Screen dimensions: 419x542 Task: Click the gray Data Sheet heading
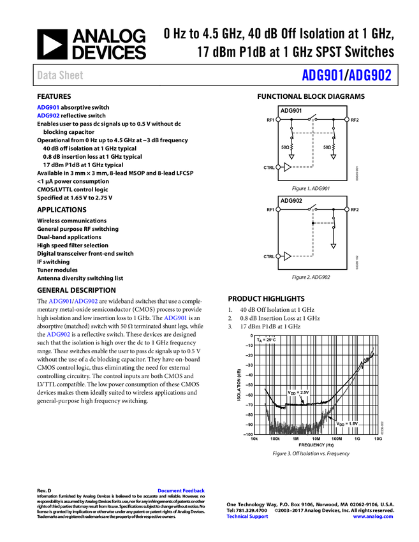(x=60, y=75)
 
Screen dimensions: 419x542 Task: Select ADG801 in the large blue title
(x=323, y=75)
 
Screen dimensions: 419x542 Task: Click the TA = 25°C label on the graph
(x=267, y=340)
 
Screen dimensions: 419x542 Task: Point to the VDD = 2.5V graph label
(x=298, y=393)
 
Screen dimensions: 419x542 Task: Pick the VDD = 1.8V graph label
(x=348, y=424)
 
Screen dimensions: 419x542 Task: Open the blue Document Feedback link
(x=182, y=490)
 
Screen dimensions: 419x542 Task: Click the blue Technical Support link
(x=247, y=516)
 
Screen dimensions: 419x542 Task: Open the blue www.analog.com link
(x=373, y=516)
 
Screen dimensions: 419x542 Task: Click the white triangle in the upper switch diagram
(x=287, y=167)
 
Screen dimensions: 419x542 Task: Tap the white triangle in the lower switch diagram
(x=287, y=256)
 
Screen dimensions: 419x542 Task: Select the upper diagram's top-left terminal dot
(x=278, y=119)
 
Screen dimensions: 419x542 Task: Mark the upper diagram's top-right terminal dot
(x=347, y=119)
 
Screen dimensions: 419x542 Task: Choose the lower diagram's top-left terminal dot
(x=278, y=209)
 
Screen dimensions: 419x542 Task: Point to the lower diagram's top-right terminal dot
(x=347, y=209)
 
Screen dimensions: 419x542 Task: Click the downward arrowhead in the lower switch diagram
(x=333, y=246)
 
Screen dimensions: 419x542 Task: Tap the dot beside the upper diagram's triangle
(x=278, y=167)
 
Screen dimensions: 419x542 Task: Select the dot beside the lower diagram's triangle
(x=278, y=256)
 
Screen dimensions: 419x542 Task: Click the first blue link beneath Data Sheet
(x=48, y=107)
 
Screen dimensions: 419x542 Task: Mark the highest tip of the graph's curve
(x=373, y=348)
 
